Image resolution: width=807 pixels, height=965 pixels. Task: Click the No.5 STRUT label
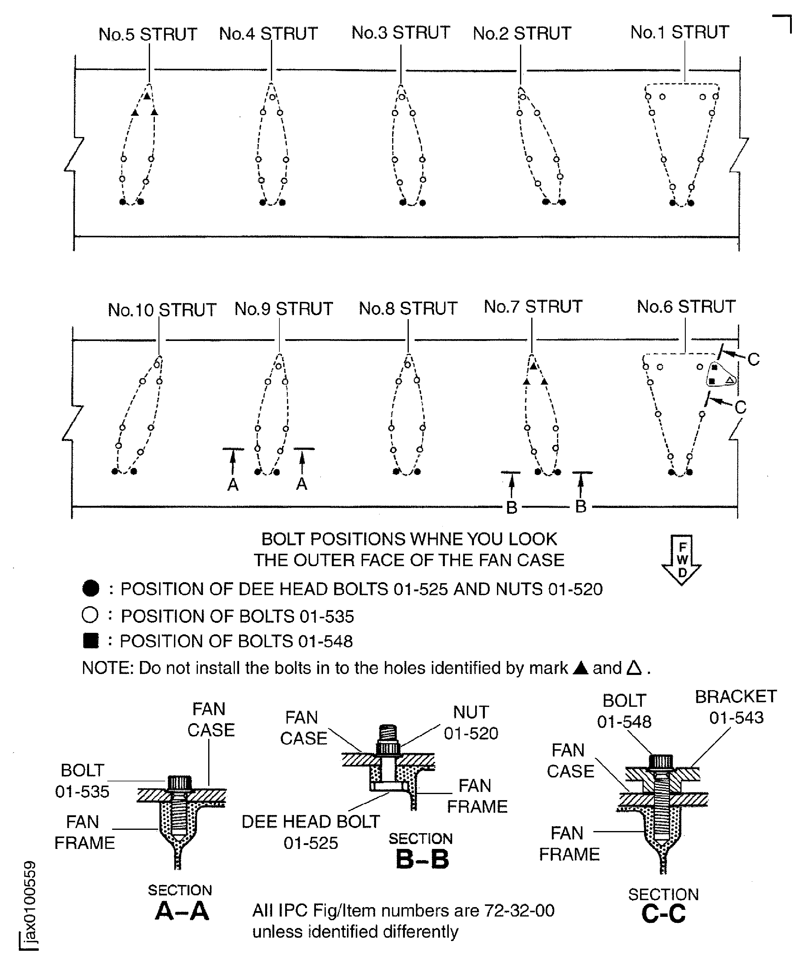click(x=148, y=35)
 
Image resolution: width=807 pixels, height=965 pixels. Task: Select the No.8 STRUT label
click(x=408, y=308)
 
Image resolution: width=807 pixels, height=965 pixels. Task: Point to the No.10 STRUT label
click(x=162, y=310)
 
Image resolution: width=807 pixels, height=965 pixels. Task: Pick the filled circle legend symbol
click(x=91, y=589)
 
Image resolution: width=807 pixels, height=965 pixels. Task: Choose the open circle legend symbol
click(x=90, y=615)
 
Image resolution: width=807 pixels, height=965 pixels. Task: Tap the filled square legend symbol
click(x=91, y=641)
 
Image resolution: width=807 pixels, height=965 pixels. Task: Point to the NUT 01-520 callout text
click(x=471, y=722)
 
